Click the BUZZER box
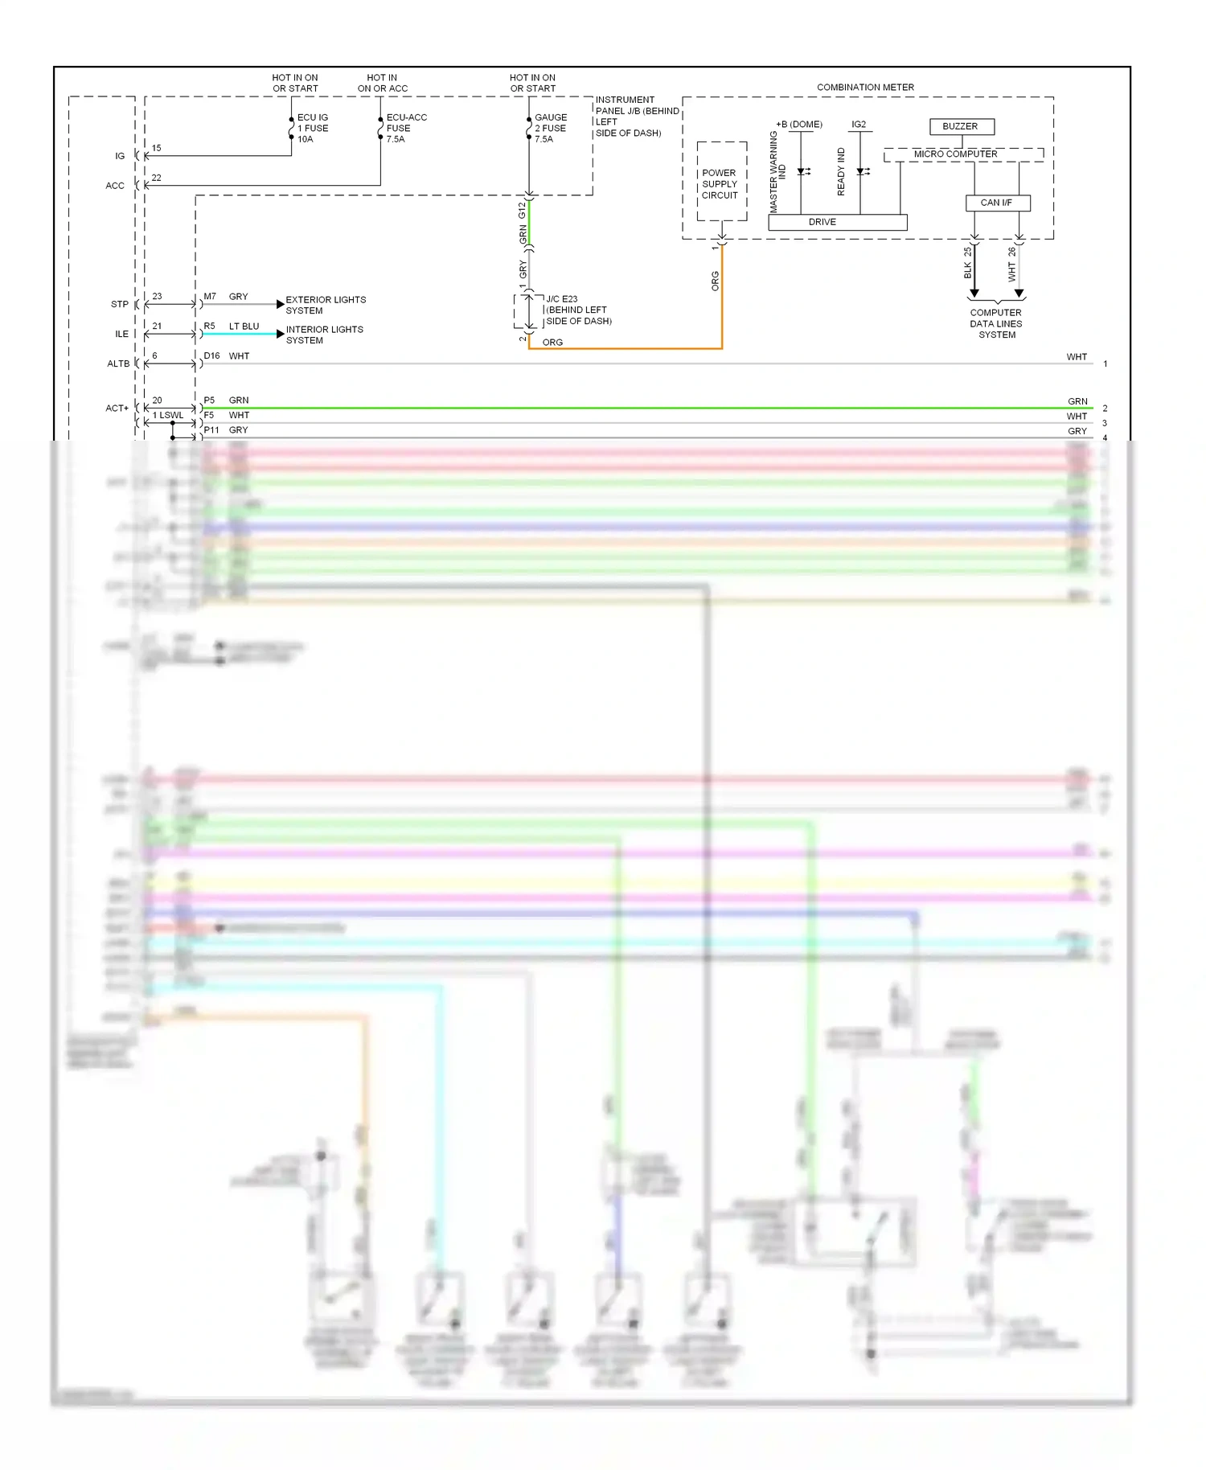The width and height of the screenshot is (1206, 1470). tap(962, 126)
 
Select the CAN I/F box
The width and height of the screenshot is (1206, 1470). tap(997, 203)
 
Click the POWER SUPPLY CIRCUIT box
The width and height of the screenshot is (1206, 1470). tap(720, 183)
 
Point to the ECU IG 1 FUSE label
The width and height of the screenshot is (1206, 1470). tap(313, 128)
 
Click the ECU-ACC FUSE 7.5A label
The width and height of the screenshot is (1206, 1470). tap(405, 128)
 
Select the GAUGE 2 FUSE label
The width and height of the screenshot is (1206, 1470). tap(551, 128)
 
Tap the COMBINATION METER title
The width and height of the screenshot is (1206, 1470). tap(865, 87)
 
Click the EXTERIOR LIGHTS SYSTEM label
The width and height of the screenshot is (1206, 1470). tap(325, 305)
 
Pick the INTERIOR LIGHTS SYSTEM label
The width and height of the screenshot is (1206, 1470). tap(324, 335)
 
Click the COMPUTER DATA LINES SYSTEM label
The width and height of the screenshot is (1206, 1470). tap(996, 323)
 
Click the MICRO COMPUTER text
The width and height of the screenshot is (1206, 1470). tap(955, 154)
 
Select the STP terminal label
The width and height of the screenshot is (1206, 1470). tap(120, 304)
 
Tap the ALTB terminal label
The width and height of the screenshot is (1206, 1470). tap(118, 363)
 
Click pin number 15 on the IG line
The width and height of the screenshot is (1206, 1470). tap(157, 148)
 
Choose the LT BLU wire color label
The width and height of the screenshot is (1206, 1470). tap(244, 326)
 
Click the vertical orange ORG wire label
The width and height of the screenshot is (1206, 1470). tap(714, 281)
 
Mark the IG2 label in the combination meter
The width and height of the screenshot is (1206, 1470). tap(859, 125)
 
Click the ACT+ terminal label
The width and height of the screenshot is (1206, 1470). tap(117, 408)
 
